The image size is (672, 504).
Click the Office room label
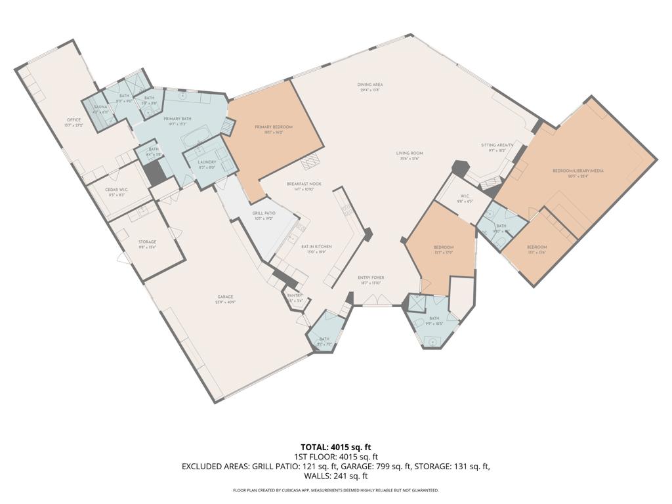[x=73, y=120]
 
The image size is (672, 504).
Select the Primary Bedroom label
[x=278, y=127]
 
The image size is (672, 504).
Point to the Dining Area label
[x=370, y=85]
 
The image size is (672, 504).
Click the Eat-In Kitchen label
[x=316, y=246]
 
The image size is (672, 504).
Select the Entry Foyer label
[x=371, y=278]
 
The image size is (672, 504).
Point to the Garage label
[x=225, y=297]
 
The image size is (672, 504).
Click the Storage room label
[x=147, y=242]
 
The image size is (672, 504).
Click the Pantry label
[x=294, y=296]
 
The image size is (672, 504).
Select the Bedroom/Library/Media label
[x=578, y=171]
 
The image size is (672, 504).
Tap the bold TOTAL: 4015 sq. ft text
[x=336, y=447]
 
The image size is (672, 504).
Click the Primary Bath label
[x=177, y=118]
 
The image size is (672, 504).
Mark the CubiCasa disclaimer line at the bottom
[x=336, y=490]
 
